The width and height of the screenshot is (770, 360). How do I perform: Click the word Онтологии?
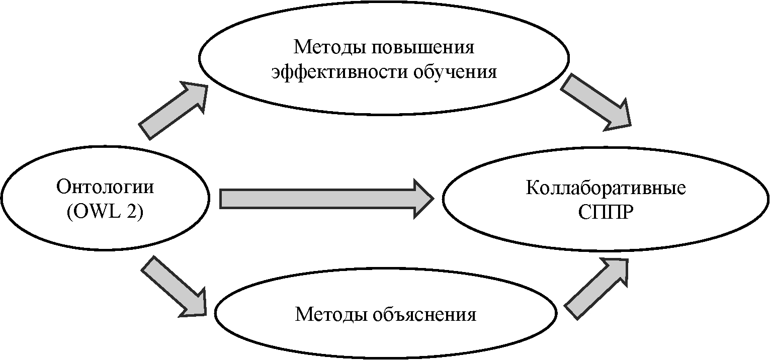[x=105, y=187]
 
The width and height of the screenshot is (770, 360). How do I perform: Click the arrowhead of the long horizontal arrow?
[x=422, y=198]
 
